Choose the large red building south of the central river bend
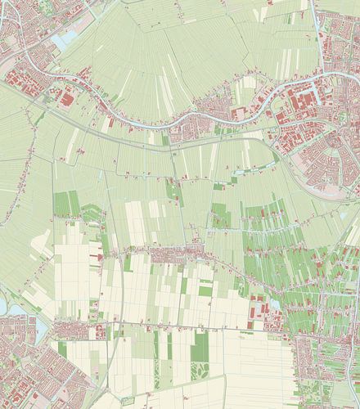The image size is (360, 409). tap(241, 115)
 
